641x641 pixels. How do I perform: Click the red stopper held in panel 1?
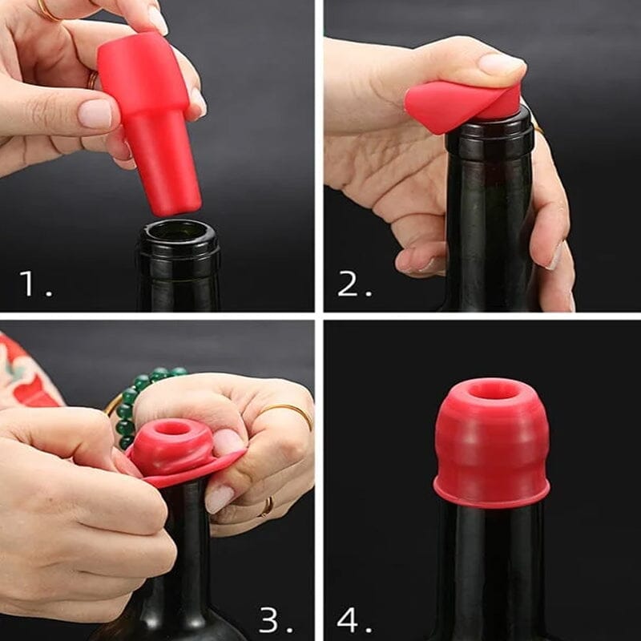(151, 120)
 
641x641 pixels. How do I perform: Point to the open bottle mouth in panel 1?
(177, 233)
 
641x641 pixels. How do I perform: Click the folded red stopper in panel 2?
(457, 104)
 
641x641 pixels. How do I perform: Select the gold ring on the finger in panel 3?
(284, 413)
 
